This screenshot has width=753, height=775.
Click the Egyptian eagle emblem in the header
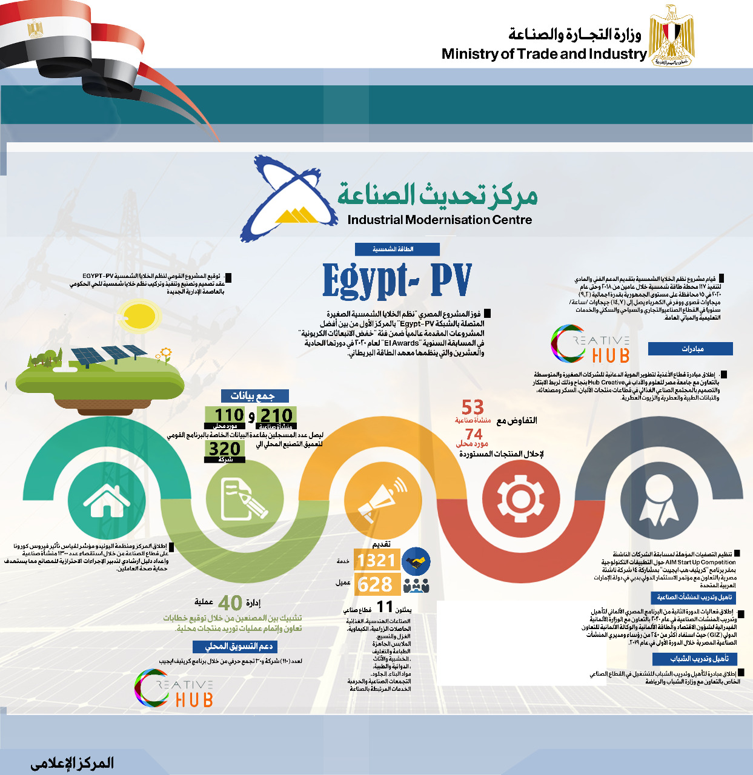[x=671, y=35]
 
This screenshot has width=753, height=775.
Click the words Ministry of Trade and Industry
[x=544, y=54]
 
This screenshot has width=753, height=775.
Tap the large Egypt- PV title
[x=397, y=280]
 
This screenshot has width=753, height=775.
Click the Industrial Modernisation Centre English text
[x=440, y=220]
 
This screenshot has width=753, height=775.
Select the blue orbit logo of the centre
[x=288, y=197]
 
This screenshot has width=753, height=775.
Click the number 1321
[x=376, y=561]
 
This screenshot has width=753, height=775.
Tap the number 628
[x=375, y=585]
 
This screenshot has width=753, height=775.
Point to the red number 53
[x=473, y=407]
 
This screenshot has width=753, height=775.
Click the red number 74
[x=474, y=434]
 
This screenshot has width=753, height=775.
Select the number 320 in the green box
[x=225, y=449]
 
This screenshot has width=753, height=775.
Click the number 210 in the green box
[x=276, y=415]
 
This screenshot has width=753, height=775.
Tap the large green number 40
[x=230, y=603]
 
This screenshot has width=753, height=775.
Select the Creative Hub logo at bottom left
[x=174, y=688]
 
